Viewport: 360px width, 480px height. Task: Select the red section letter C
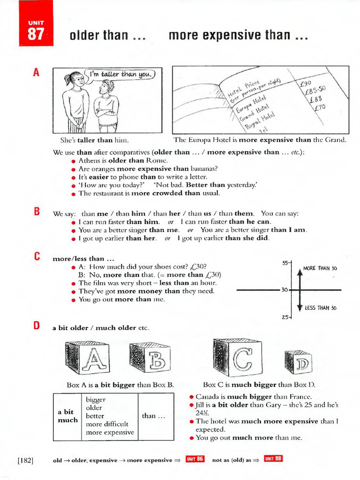pyautogui.click(x=36, y=257)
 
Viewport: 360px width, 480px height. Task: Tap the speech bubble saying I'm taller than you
pyautogui.click(x=121, y=74)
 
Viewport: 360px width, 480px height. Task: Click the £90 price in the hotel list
pyautogui.click(x=306, y=83)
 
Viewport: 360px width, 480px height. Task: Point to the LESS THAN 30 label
pyautogui.click(x=321, y=308)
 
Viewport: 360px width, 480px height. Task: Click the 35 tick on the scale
pyautogui.click(x=285, y=263)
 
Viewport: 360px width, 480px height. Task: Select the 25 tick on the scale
pyautogui.click(x=285, y=317)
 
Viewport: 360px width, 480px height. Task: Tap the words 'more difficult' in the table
pyautogui.click(x=106, y=424)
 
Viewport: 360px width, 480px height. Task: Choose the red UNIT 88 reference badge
pyautogui.click(x=273, y=459)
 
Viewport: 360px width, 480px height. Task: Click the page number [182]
pyautogui.click(x=25, y=460)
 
